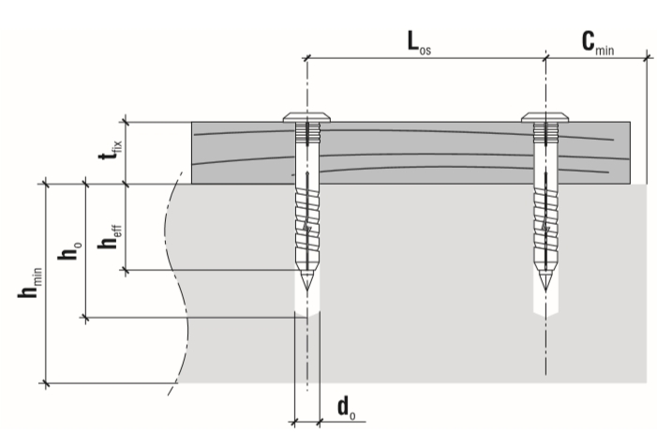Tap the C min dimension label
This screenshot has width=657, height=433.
[598, 44]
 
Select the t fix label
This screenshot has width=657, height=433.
[111, 149]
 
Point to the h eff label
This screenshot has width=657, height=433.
[110, 237]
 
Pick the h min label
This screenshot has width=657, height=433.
[30, 283]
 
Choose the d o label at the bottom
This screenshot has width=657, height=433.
[347, 408]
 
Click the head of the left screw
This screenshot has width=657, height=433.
[306, 117]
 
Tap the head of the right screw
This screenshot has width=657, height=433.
[545, 117]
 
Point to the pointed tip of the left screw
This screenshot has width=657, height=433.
[307, 290]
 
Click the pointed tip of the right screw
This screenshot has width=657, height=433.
[545, 291]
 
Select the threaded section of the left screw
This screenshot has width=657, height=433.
[307, 224]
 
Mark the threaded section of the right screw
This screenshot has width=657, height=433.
[545, 225]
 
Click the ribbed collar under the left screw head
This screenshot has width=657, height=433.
[307, 132]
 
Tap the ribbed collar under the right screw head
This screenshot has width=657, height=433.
[545, 132]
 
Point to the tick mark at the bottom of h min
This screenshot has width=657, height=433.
[46, 383]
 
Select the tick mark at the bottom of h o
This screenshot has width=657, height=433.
[86, 318]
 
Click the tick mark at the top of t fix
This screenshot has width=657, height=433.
[126, 122]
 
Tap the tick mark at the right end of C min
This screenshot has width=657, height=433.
[648, 58]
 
